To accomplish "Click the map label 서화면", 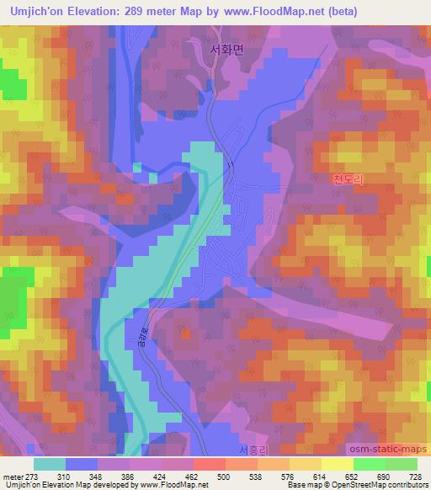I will coord(226,50).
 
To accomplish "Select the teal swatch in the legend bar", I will coord(49,464).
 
